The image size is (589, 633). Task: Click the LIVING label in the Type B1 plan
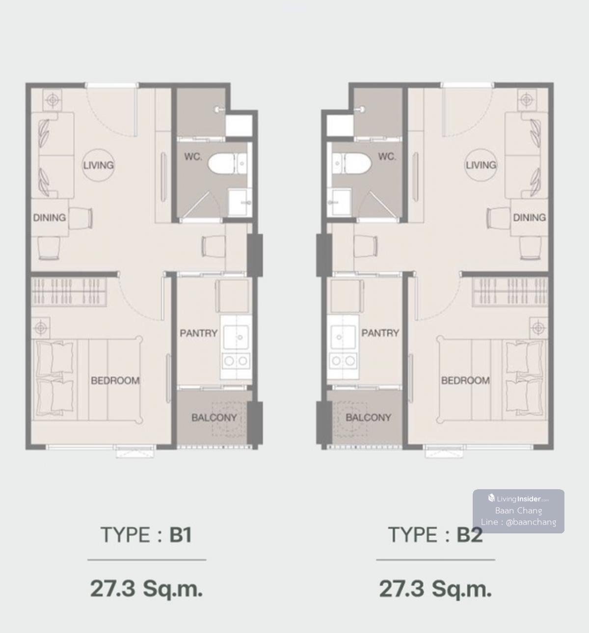pos(99,165)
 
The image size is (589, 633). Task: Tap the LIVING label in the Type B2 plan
pos(481,165)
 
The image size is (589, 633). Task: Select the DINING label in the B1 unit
pos(50,218)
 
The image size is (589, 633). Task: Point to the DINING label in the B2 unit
pos(530,218)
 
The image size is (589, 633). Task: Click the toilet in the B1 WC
pos(228,163)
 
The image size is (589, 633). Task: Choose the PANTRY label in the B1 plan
pos(199,333)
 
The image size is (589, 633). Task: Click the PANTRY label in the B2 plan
pos(380,333)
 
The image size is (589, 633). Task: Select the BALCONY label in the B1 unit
pos(214,418)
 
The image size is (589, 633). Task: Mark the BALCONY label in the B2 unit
pos(368,418)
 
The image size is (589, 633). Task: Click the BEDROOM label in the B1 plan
pos(115,380)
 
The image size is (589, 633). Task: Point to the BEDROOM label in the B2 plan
pos(465,380)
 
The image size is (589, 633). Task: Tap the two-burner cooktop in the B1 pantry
pos(236,361)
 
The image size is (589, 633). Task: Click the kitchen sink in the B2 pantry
pos(343,337)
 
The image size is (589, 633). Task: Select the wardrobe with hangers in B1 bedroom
pos(69,291)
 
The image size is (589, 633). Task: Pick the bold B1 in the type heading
pos(181,534)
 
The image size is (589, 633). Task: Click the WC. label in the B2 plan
pos(387,157)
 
